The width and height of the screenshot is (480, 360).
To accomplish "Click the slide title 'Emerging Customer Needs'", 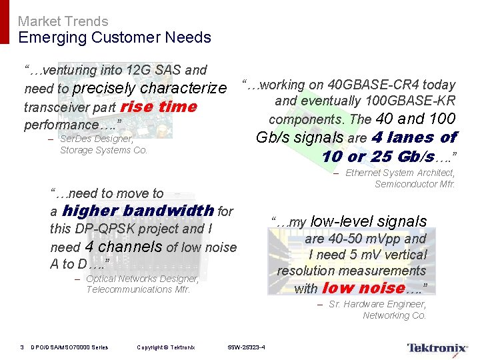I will point(115,37).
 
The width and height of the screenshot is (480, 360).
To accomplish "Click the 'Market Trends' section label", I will point(63,21).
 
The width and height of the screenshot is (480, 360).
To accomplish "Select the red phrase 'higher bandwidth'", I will point(138,211).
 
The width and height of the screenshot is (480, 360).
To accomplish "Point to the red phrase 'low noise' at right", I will point(364,288).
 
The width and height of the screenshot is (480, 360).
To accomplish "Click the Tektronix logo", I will point(437,347).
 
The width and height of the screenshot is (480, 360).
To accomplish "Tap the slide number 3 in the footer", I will point(21,347).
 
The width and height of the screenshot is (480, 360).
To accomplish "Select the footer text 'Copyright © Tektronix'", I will point(165,347).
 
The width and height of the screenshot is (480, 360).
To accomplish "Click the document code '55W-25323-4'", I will point(246,347).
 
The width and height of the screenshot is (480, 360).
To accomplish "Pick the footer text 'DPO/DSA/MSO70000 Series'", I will point(69,347).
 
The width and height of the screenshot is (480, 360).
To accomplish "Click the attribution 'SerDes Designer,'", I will point(97,139).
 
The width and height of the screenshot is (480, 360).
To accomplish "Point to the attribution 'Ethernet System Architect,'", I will point(400,173).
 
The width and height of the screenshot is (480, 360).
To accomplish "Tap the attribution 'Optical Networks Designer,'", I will point(142,279).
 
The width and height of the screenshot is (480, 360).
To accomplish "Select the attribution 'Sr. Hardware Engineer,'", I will point(377,305).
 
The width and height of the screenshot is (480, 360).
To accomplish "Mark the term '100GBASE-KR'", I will point(410,101).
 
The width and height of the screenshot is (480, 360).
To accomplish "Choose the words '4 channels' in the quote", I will point(123,246).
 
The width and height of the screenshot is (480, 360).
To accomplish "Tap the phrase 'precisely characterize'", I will point(149,88).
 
